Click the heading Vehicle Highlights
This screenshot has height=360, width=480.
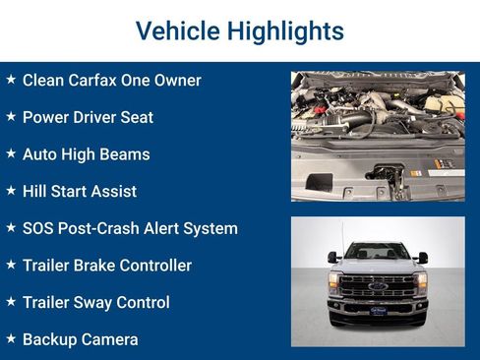[239, 31]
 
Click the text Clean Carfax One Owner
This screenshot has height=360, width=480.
[111, 81]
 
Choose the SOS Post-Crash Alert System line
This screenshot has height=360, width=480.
[130, 228]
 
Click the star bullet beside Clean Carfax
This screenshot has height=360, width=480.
[11, 79]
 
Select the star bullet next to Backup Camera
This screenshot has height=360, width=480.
[11, 338]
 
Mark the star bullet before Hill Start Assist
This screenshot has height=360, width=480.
[11, 190]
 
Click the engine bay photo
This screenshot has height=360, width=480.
[378, 136]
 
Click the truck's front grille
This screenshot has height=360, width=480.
[378, 287]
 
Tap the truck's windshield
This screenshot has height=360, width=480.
[378, 253]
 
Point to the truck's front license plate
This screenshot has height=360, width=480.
[378, 311]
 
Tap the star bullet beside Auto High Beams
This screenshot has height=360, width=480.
[11, 152]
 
